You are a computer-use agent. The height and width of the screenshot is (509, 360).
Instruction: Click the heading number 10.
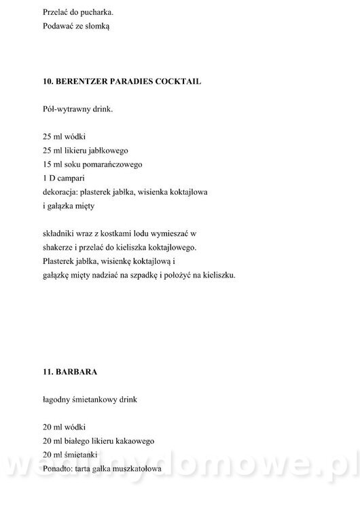coord(48,81)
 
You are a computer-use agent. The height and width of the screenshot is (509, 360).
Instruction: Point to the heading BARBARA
coord(76,371)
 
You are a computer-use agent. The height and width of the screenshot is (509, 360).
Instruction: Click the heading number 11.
coord(48,371)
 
